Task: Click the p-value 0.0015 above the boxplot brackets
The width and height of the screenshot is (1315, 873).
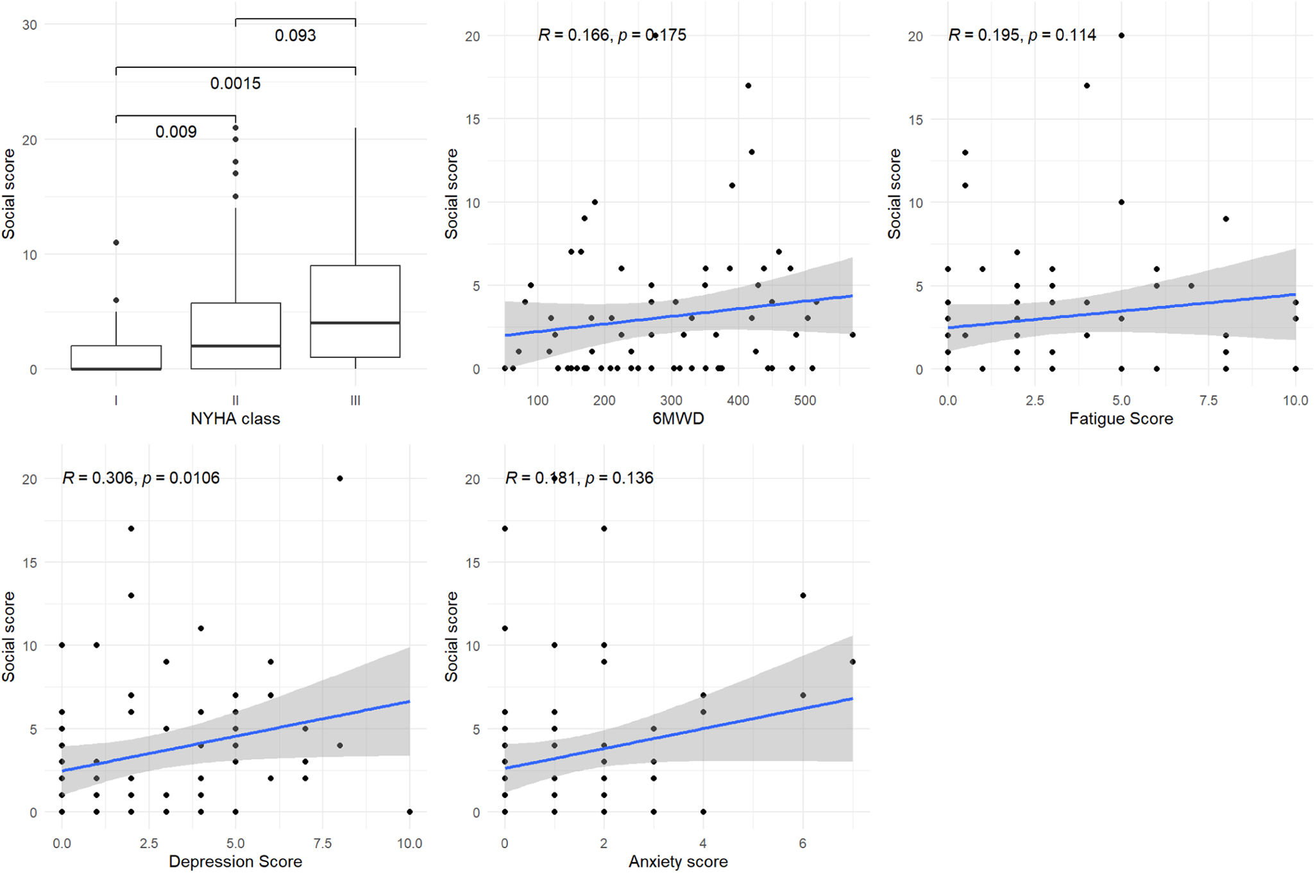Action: (235, 83)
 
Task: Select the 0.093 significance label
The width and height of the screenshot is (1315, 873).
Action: (295, 35)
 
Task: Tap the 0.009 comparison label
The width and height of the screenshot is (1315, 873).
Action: (176, 132)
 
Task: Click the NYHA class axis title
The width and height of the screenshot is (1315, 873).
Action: (235, 419)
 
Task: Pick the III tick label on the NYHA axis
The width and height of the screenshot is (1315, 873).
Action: (355, 401)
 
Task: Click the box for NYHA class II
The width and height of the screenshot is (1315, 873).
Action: (235, 335)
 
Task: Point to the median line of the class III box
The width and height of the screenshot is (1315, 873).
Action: (355, 323)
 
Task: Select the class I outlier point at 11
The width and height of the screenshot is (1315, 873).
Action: (116, 242)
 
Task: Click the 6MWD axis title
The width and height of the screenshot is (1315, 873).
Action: (678, 419)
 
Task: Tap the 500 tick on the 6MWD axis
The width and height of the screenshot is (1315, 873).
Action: (804, 401)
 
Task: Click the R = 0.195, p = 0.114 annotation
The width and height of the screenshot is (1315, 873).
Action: (1022, 35)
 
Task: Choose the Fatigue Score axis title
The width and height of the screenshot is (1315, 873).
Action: (1121, 419)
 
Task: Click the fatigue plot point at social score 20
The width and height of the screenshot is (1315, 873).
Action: (1121, 36)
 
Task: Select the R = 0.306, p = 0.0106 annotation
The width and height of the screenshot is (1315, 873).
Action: (140, 478)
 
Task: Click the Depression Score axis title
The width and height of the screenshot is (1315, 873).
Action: (235, 861)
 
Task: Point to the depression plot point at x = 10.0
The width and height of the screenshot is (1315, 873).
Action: (409, 812)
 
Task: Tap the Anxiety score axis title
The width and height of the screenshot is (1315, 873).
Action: (678, 861)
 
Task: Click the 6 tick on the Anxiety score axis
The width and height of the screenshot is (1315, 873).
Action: (802, 843)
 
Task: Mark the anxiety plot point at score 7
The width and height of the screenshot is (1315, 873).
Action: (853, 662)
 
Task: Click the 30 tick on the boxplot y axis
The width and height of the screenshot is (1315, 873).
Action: (30, 25)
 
